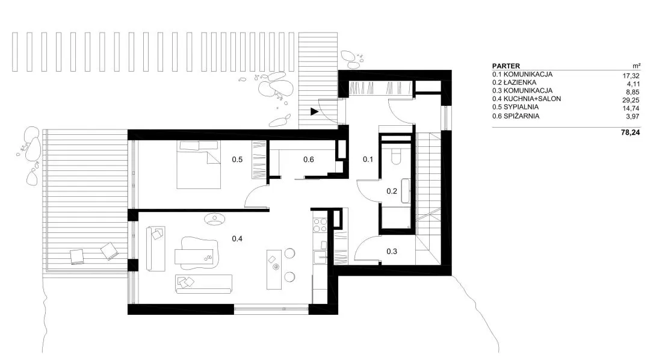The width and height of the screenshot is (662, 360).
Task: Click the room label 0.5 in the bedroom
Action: coord(237,160)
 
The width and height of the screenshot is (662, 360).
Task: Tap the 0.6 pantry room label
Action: coord(309,160)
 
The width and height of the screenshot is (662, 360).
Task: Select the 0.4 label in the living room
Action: coord(237,239)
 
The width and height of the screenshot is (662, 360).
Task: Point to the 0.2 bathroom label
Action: coord(392,191)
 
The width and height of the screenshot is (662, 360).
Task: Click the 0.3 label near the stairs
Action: coord(392,252)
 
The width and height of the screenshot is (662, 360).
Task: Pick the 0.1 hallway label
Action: coord(368,160)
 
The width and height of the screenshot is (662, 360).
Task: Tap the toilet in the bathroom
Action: coord(396,157)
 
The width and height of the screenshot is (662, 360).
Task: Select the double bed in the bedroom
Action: coord(199,164)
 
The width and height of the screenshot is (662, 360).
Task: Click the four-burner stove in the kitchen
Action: coord(320,225)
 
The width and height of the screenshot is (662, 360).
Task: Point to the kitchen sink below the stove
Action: coord(320,257)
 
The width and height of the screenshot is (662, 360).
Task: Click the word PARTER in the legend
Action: coord(506,66)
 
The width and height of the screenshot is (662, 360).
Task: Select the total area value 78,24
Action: coord(630,132)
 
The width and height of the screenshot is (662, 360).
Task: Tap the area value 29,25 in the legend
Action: coord(631,100)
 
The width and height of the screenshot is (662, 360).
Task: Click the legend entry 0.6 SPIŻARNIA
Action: coord(516,116)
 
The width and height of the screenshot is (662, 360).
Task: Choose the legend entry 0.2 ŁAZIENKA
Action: coord(514,82)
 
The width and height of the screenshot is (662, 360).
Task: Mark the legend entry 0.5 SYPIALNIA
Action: coord(516,107)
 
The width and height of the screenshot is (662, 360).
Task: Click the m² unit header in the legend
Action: coord(637,66)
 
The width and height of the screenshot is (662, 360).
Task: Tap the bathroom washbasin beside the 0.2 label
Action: coord(406,191)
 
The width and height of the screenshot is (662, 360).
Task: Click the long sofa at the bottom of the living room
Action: coord(204,284)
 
